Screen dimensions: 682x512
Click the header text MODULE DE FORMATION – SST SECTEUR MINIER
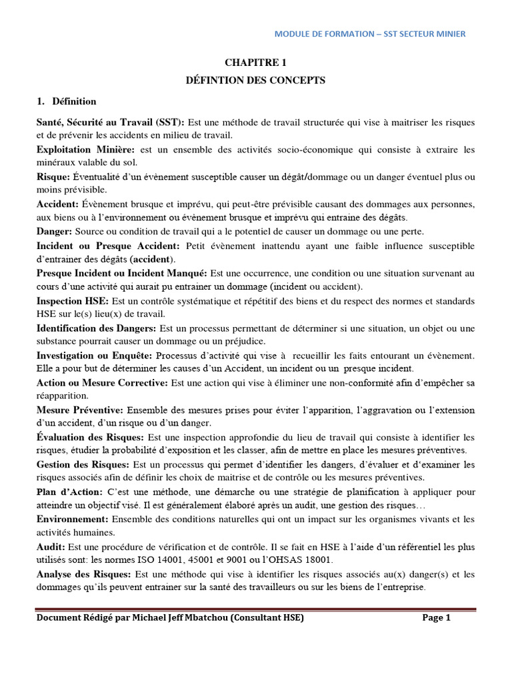pos(371,34)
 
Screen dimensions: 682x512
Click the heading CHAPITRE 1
pos(256,63)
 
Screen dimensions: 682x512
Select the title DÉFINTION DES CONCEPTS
pos(255,81)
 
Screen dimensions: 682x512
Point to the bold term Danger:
pos(55,231)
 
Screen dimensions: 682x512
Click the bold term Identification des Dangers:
pos(97,328)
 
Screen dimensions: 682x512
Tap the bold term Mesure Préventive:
pos(80,410)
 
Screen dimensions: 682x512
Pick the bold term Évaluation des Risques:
pos(90,437)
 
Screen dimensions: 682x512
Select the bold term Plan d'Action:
pos(69,492)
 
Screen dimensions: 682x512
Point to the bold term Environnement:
pos(73,519)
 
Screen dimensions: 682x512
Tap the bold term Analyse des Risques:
pos(85,574)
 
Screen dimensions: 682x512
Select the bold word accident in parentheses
pos(153,259)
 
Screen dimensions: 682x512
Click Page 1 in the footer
pos(437,618)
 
